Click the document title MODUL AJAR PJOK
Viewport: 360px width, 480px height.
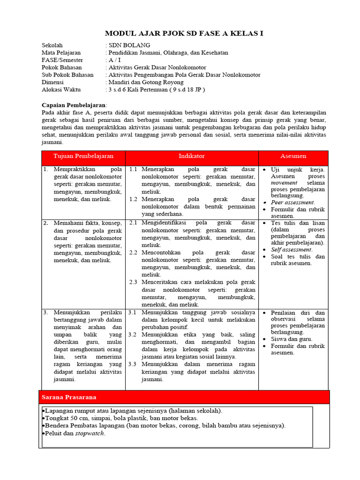point(184,33)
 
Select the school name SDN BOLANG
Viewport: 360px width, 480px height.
point(129,45)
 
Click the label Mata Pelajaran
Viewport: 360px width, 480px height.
point(61,53)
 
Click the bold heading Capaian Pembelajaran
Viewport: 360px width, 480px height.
point(74,105)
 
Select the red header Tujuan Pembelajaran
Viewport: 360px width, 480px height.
point(83,156)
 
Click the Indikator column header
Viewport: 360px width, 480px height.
point(192,156)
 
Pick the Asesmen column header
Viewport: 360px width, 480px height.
point(293,156)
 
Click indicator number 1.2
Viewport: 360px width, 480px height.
point(133,199)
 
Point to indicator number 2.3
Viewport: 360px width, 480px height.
point(133,282)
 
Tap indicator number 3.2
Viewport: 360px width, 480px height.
point(132,335)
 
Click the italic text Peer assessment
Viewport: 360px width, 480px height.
point(293,202)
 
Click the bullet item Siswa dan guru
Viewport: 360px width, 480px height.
point(292,339)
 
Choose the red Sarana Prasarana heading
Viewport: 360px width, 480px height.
point(69,397)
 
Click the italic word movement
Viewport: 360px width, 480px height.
point(284,182)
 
